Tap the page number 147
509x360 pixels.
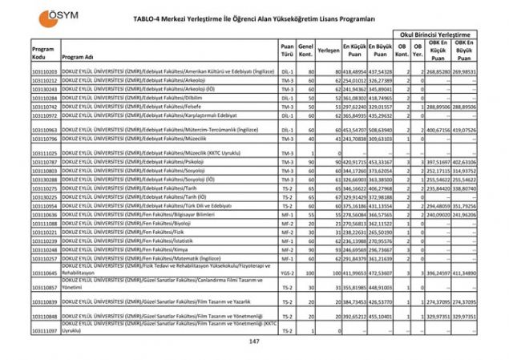[x=254, y=342]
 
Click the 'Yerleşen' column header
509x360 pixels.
[x=328, y=50]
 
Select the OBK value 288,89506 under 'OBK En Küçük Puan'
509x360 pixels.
[x=442, y=105]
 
